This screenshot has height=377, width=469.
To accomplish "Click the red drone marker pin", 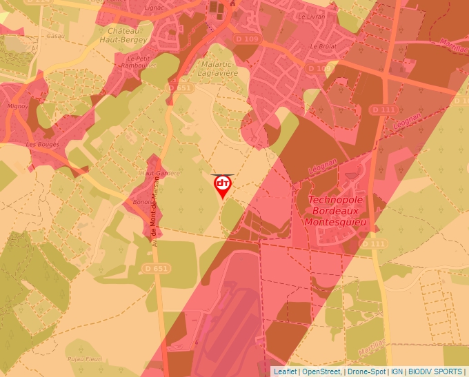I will (223, 185).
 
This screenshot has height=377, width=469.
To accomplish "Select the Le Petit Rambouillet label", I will (143, 62).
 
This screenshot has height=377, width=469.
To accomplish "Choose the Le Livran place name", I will (311, 14).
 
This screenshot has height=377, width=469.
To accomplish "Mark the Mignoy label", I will (17, 108).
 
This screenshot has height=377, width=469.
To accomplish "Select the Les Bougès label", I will (43, 144).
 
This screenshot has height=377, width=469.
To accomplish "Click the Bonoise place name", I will (142, 203).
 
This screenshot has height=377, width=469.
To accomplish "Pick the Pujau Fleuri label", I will (85, 359).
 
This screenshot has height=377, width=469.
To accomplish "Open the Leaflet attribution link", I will (286, 371).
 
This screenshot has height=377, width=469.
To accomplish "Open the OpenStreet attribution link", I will (321, 371).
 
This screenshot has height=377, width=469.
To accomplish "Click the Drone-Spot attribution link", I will (366, 371).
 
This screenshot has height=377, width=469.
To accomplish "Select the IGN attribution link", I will (397, 371).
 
